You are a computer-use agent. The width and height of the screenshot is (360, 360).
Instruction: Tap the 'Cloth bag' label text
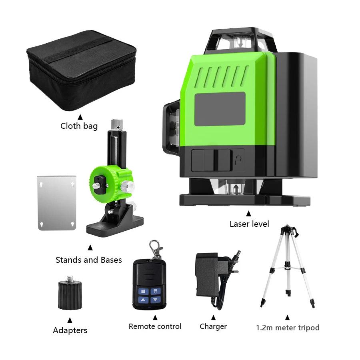79,126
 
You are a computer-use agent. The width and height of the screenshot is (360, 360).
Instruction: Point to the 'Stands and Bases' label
88,260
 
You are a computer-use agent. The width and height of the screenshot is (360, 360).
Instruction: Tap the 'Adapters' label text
70,330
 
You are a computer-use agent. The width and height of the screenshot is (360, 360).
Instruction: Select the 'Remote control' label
155,326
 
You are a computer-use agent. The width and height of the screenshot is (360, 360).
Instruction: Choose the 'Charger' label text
213,327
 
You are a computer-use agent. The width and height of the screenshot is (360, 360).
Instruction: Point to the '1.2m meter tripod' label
288,328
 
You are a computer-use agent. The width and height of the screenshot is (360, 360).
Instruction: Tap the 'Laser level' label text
249,224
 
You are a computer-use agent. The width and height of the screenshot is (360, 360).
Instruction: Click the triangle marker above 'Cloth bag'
80,117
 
